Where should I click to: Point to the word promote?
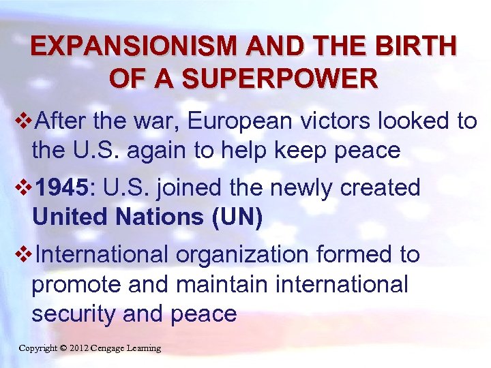point(74,285)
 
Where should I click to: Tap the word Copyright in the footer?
point(38,348)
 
